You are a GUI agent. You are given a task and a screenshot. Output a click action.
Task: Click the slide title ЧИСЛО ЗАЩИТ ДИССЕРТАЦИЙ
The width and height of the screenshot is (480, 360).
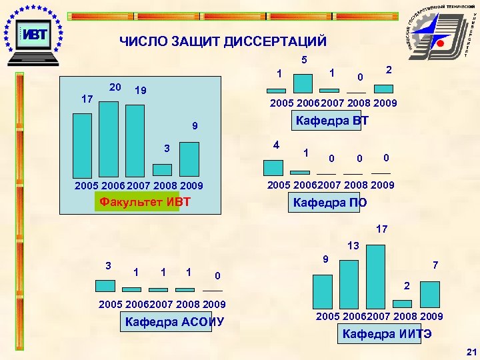pyautogui.click(x=223, y=42)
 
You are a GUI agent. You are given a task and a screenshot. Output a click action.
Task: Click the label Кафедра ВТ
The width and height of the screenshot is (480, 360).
pyautogui.click(x=332, y=121)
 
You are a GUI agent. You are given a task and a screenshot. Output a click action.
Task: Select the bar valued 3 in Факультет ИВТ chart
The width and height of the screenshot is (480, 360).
pyautogui.click(x=162, y=168)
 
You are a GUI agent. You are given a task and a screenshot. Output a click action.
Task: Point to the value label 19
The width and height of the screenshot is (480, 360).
pyautogui.click(x=140, y=91)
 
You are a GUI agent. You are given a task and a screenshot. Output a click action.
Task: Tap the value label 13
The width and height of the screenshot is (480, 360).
pyautogui.click(x=353, y=246)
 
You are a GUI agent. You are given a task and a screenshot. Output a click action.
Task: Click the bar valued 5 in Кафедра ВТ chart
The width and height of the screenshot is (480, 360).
pyautogui.click(x=303, y=83)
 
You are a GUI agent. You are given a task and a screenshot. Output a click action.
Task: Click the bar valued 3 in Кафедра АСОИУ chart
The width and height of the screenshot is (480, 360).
pyautogui.click(x=105, y=286)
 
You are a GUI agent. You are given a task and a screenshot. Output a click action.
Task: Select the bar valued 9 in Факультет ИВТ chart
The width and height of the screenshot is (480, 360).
pyautogui.click(x=190, y=159)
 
